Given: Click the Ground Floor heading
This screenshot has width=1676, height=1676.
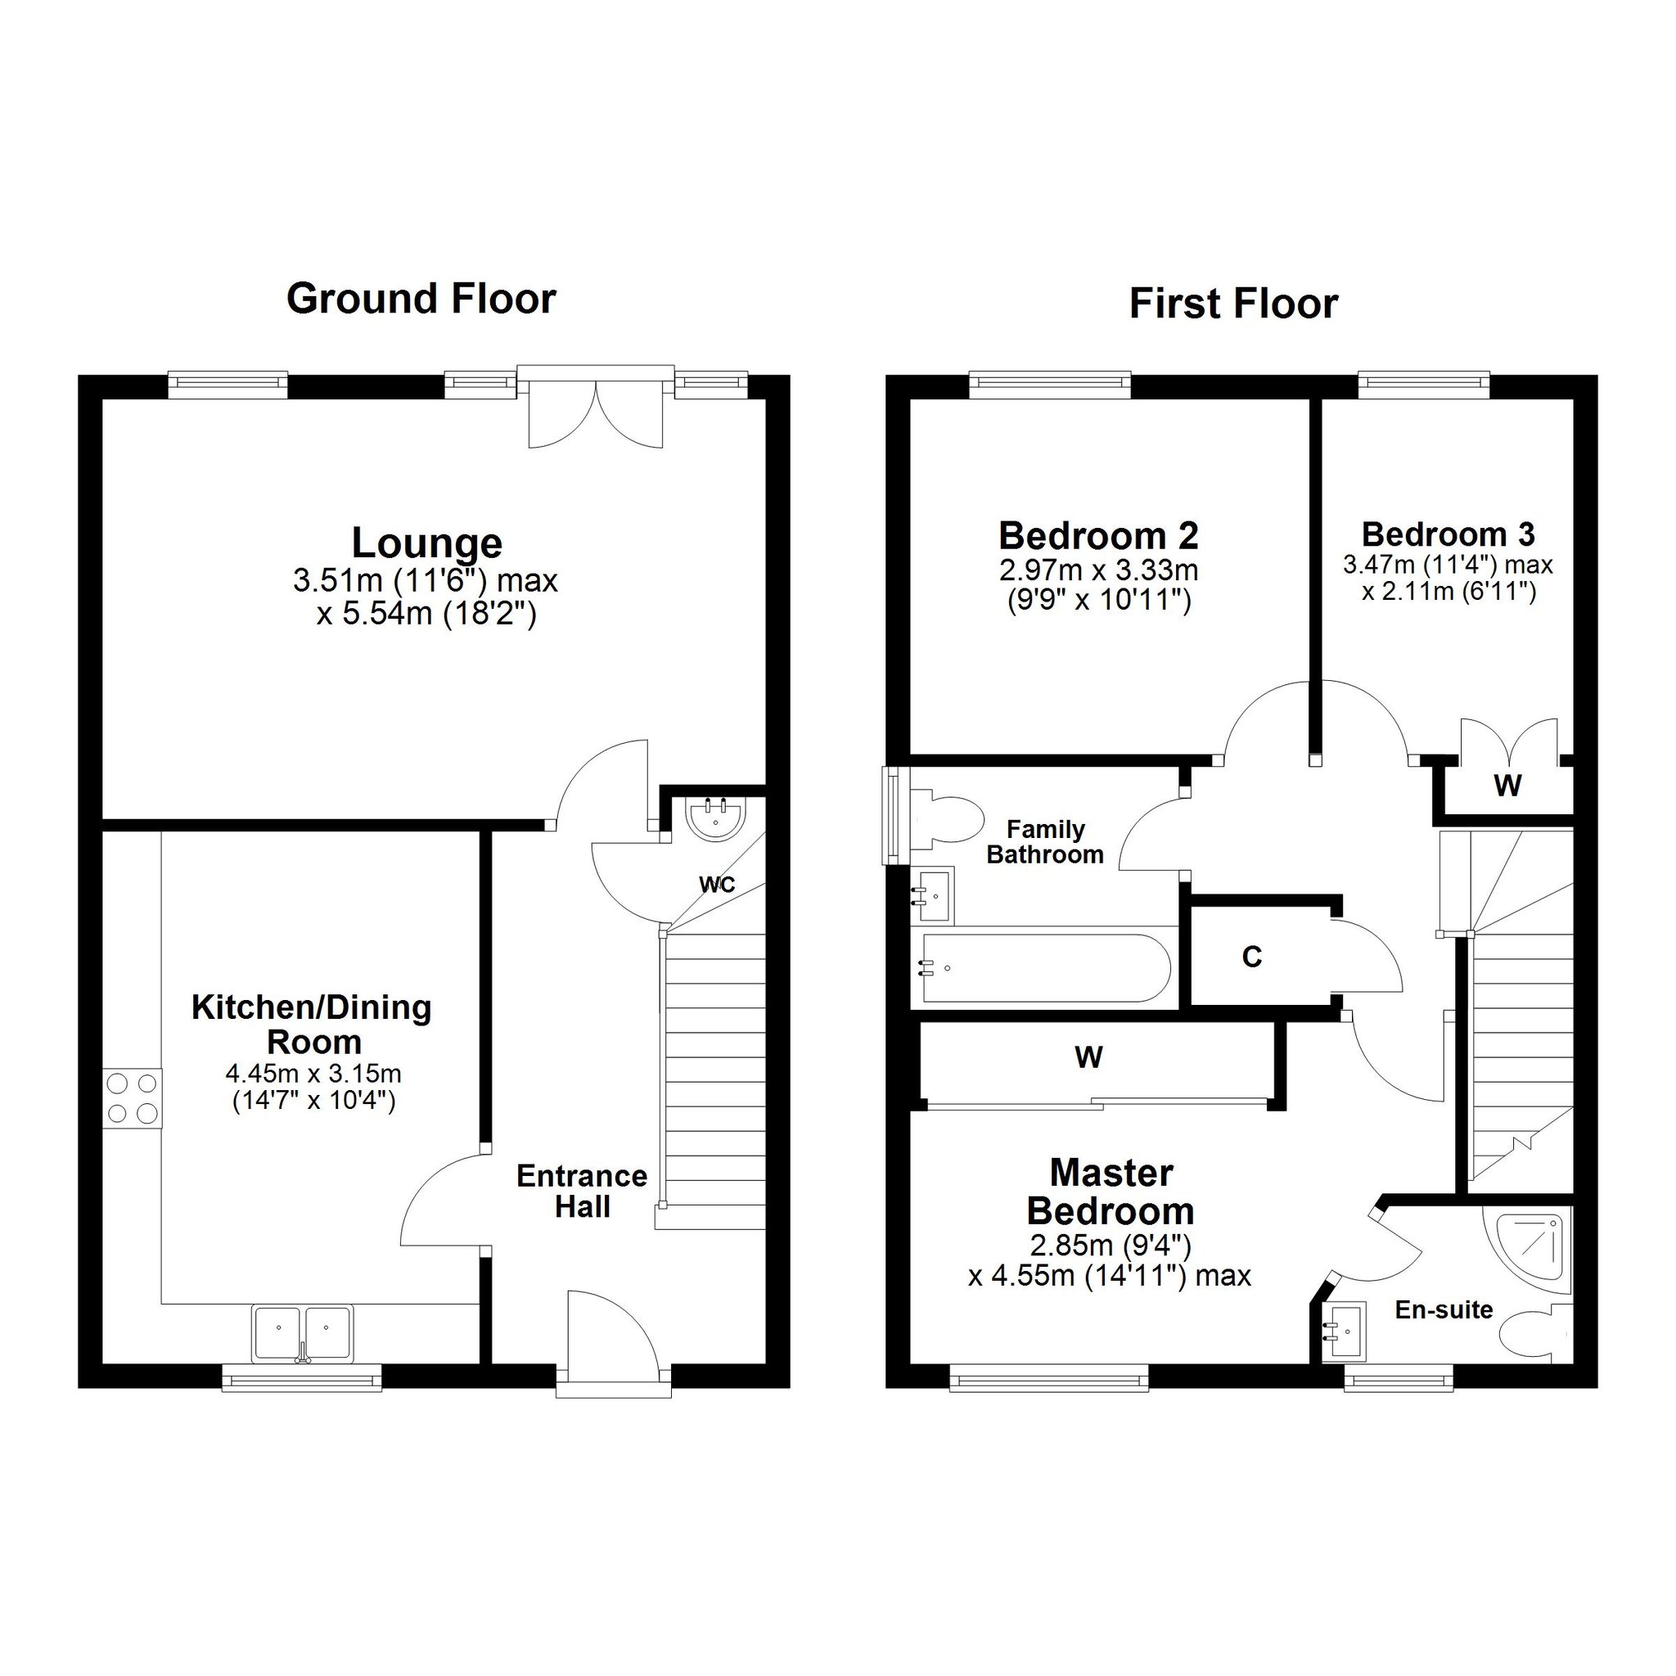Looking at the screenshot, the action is coord(421,299).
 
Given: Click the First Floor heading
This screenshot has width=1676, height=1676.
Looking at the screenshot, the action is coord(1233,304).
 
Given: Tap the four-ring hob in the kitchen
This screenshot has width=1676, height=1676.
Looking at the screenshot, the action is coord(133,1097).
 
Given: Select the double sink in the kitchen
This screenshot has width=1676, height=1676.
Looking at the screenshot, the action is coord(303,1333).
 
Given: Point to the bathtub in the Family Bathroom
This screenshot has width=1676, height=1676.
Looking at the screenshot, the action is coord(1046,968).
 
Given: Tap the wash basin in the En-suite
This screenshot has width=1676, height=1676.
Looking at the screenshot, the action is coord(1344,1329).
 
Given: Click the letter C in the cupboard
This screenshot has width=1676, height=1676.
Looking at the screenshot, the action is coord(1251,957).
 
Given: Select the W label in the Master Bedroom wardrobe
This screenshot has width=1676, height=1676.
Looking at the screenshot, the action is coord(1088,1057).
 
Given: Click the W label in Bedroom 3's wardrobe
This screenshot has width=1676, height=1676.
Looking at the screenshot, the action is coord(1507,785).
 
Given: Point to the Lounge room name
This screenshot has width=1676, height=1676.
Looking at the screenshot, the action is coord(427,543).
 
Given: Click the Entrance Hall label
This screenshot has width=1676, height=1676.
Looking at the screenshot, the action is coord(582,1191).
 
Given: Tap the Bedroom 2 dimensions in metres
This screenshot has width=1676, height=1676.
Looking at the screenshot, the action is coord(1099,571).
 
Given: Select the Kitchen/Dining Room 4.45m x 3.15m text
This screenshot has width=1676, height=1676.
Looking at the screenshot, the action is coord(313,1074).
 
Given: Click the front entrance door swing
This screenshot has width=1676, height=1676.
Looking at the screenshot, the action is coord(612,1331).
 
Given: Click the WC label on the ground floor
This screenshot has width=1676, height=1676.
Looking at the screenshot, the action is coord(718,884).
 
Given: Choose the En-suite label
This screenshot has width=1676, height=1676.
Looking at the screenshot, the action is coord(1444,1309).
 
